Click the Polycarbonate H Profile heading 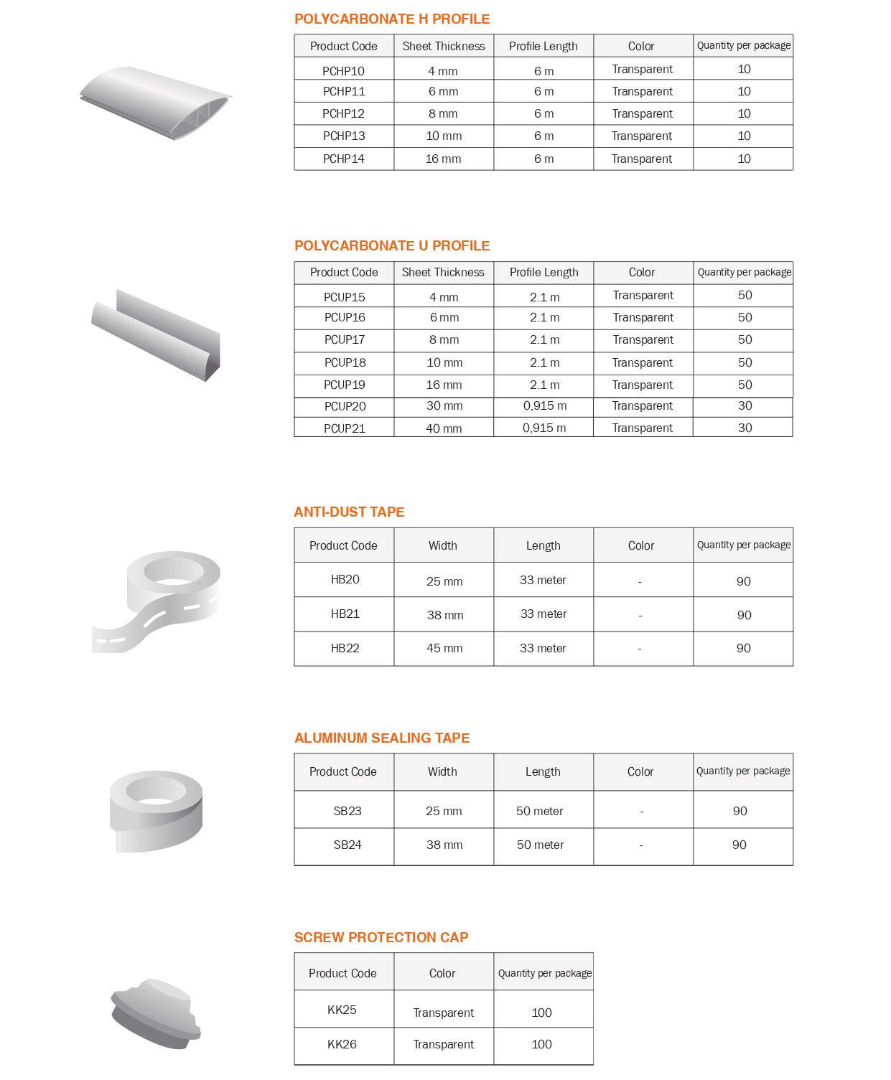point(392,19)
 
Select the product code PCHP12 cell point(343,113)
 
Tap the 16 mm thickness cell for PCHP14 point(443,159)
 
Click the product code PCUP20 point(345,406)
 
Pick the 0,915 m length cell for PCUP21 point(544,428)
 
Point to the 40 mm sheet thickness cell point(444,428)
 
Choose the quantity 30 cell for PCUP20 point(745,406)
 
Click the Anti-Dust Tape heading point(349,512)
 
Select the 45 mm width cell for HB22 point(444,648)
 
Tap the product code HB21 point(345,614)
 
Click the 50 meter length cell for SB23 point(540,811)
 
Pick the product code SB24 point(347,845)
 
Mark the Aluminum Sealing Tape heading point(382,738)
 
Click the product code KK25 point(342,1010)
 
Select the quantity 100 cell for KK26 point(541,1044)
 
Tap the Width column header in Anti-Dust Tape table point(443,545)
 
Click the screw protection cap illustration point(155,1013)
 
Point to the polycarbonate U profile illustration point(156,335)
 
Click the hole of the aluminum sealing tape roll point(156,791)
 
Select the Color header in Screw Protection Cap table point(442,973)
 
